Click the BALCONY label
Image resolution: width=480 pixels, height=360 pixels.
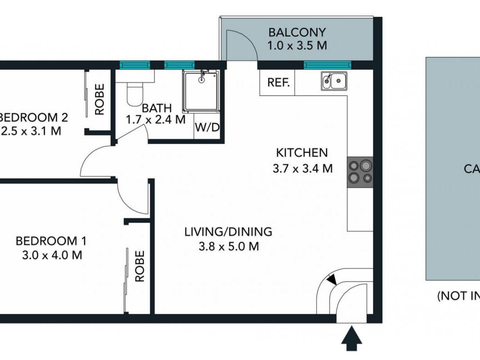coord(297,32)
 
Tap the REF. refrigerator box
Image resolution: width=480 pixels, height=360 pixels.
coord(278,83)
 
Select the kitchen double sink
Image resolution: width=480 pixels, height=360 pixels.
coord(334,81)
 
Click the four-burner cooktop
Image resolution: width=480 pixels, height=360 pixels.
coord(360,172)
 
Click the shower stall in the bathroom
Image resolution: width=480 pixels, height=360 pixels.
coord(201,91)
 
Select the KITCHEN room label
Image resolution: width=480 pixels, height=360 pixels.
coord(302,153)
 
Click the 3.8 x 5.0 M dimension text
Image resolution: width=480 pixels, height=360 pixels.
coord(228,247)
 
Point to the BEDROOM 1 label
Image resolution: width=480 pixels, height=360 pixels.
coord(51,241)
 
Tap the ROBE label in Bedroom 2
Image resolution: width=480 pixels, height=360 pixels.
coord(100,99)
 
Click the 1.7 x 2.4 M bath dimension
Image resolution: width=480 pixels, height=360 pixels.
coord(156,120)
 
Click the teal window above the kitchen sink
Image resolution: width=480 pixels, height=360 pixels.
coord(327,64)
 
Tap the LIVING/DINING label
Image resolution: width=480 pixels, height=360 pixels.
coord(228,232)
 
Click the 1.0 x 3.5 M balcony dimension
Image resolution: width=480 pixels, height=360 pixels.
coord(297,46)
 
